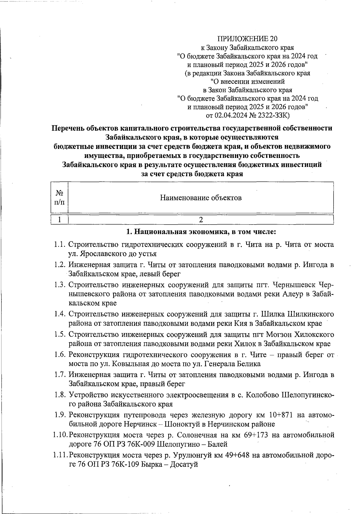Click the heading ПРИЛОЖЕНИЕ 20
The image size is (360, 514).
coord(247,39)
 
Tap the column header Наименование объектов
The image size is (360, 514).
coord(201,198)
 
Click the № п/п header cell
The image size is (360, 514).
coord(59,198)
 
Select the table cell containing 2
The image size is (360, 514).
coord(201,219)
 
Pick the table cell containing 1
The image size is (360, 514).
coord(59,219)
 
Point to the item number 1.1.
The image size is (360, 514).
coord(60,244)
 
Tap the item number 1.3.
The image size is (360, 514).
coord(60,285)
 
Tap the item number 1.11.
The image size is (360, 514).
coord(59,455)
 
